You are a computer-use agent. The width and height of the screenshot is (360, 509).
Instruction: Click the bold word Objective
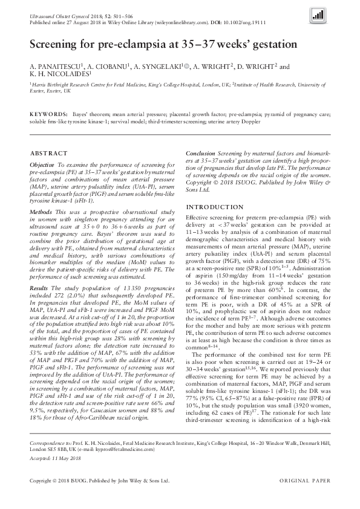(x=42, y=164)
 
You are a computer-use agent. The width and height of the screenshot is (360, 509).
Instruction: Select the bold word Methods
(x=41, y=213)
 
